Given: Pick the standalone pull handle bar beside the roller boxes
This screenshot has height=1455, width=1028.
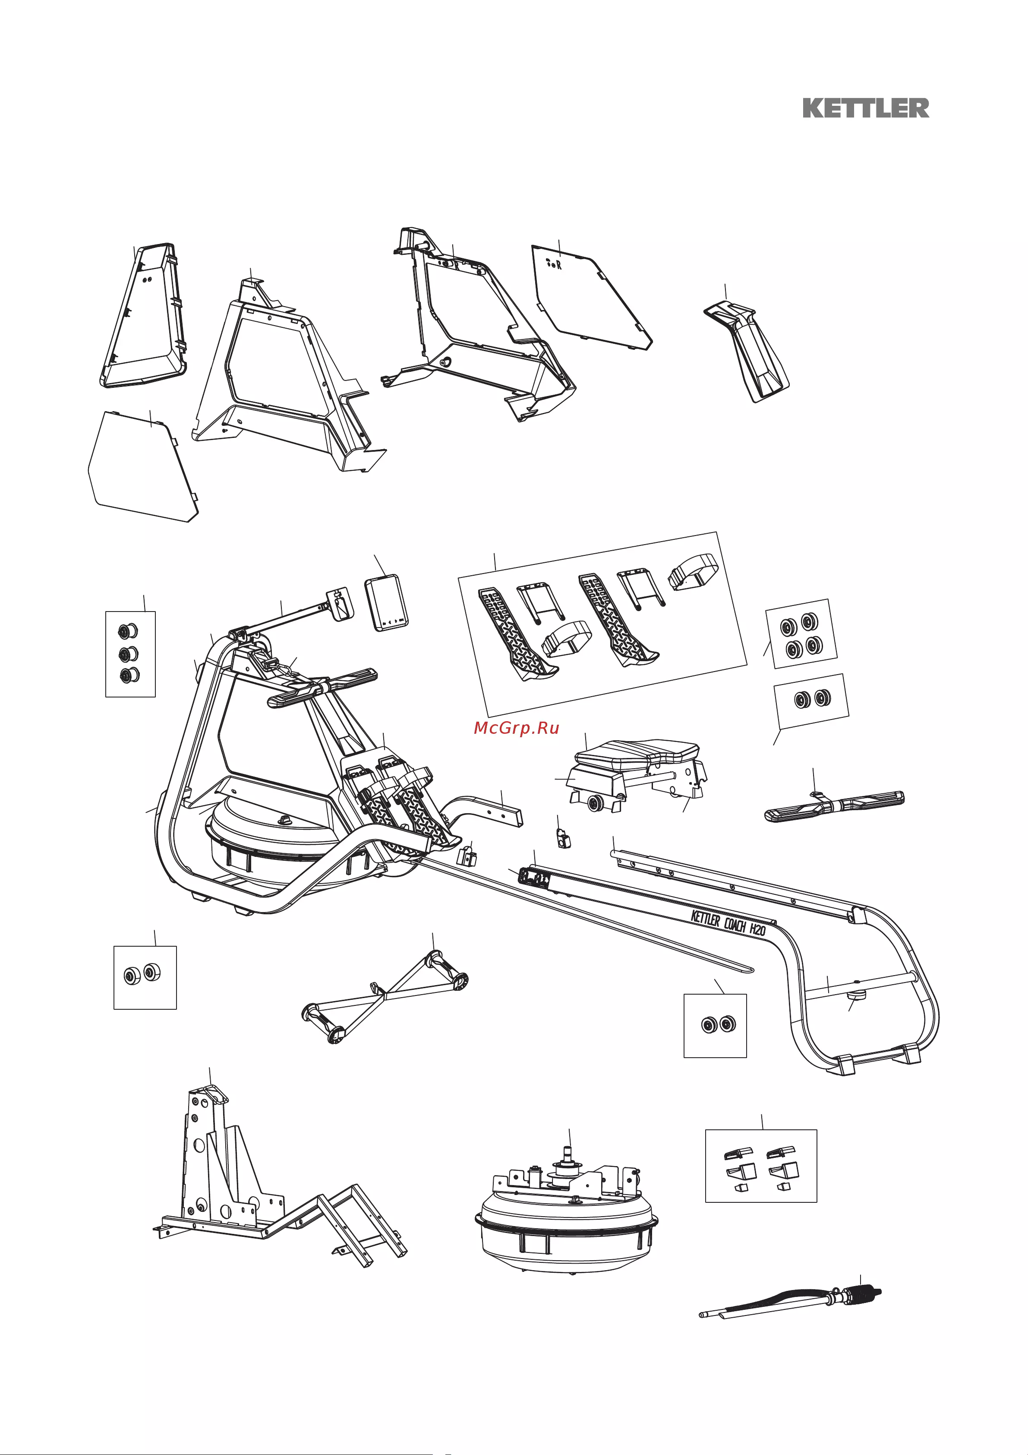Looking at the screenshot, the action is tap(834, 806).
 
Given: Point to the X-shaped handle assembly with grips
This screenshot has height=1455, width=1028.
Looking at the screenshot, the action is tap(385, 994).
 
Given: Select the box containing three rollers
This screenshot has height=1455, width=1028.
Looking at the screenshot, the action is tap(130, 654).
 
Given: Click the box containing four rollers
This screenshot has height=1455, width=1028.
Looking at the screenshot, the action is tap(801, 634).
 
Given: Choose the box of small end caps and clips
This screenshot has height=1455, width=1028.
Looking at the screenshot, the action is tap(761, 1165).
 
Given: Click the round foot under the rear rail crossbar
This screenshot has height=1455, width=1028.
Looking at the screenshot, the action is tap(858, 996).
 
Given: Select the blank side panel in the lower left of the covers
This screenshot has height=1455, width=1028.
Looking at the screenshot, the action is tap(142, 466).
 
